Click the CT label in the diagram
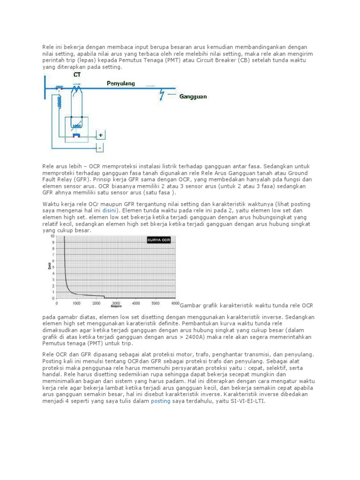tap(76, 74)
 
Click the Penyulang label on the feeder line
tap(121, 83)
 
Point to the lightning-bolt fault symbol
tap(162, 96)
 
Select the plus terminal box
tap(101, 135)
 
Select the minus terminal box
tap(99, 148)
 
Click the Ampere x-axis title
tap(116, 306)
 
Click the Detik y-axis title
tap(49, 266)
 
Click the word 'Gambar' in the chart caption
tap(190, 306)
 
